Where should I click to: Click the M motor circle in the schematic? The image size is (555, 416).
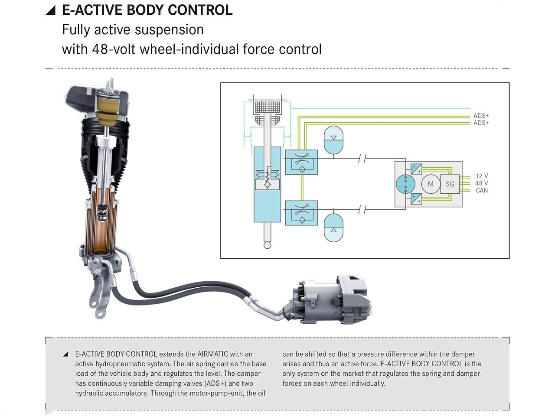coord(431,184)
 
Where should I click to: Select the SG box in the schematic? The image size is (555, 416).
coord(450,184)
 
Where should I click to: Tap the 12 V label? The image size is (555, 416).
coord(482,176)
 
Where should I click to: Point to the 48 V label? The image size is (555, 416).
coord(482,183)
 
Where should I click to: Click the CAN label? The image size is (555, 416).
coord(482,190)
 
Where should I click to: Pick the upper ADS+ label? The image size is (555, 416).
coord(481,116)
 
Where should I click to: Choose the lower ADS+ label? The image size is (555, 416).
coord(481,123)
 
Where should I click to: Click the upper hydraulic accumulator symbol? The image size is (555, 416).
coord(333,140)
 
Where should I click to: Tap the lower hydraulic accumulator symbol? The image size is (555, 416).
coord(333,227)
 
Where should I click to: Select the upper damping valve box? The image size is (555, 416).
coord(301,162)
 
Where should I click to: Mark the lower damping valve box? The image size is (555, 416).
coord(301,212)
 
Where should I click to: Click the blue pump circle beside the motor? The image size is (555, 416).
coord(406,184)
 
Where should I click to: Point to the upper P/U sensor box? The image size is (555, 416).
coord(416,169)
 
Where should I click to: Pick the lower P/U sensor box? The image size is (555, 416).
coord(416,199)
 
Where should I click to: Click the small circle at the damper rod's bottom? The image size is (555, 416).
coord(267,245)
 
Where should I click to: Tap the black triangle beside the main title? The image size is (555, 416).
coord(51,11)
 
